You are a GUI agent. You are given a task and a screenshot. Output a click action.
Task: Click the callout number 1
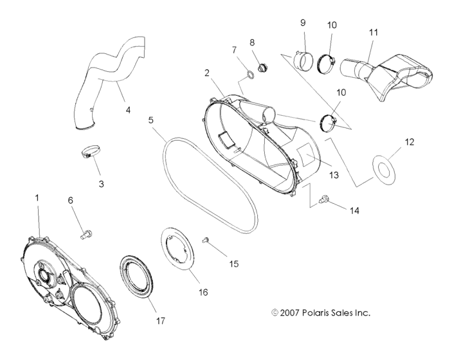[x=37, y=198]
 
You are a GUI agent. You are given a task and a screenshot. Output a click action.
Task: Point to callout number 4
[x=127, y=110]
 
